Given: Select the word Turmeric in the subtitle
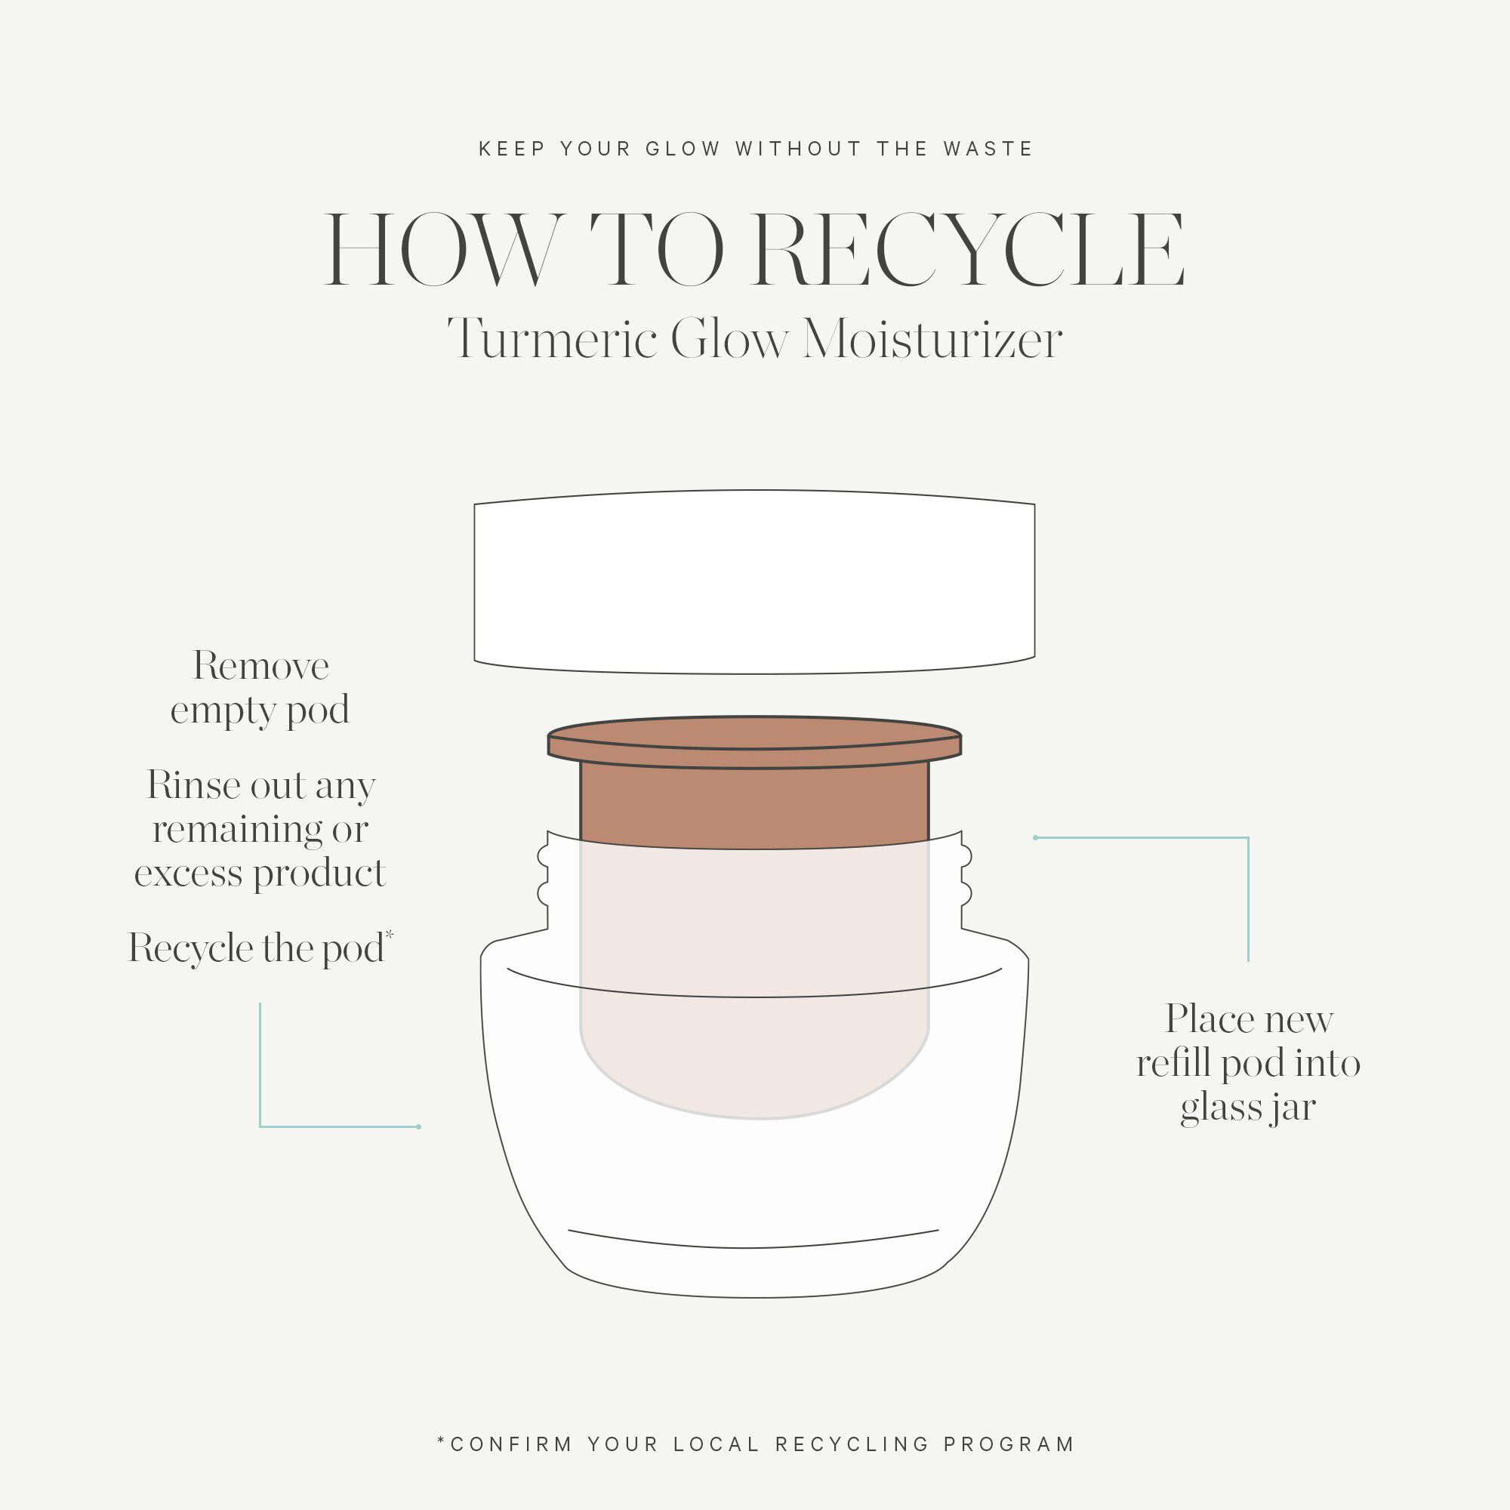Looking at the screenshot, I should (552, 341).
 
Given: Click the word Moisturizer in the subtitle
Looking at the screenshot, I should (932, 341).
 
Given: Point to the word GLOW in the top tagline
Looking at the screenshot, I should (683, 149).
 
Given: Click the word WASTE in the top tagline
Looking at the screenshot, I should (989, 149).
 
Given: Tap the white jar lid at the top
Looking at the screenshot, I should (754, 581).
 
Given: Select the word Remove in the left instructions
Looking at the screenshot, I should (261, 667).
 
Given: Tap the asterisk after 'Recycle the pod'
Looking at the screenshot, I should (390, 935).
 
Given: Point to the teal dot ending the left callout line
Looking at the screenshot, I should (419, 1126).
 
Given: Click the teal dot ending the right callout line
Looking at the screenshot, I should (1035, 838).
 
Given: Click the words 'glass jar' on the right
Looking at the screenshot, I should (1247, 1108).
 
